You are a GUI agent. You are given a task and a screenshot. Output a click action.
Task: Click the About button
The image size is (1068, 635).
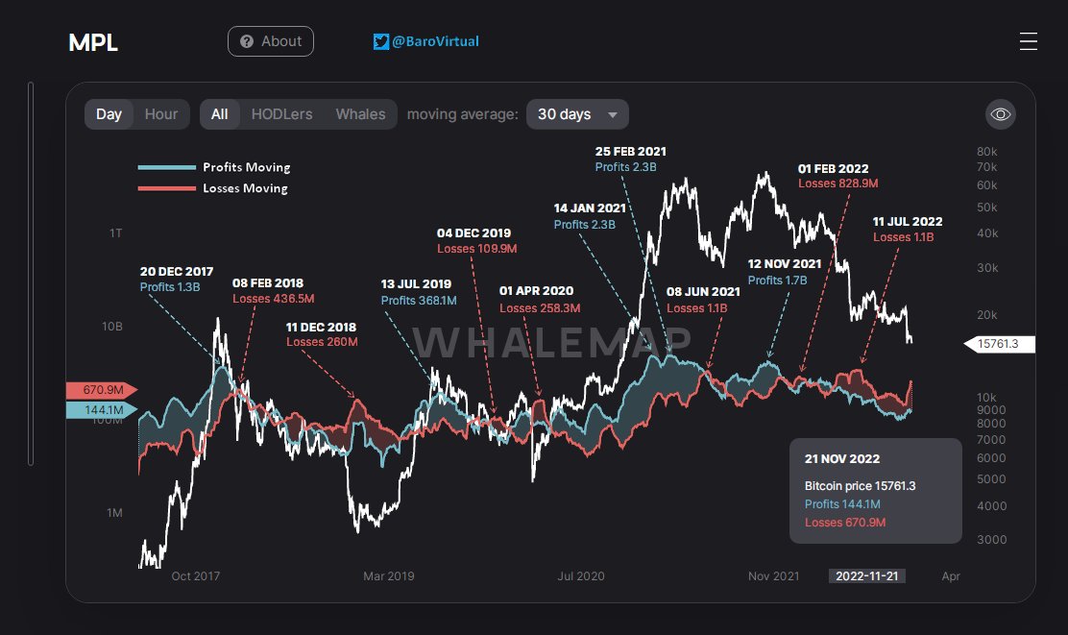pyautogui.click(x=270, y=41)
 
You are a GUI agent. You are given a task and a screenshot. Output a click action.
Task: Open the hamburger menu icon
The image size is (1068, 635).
pyautogui.click(x=1028, y=41)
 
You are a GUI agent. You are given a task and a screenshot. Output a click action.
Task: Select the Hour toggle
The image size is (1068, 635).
pyautogui.click(x=160, y=114)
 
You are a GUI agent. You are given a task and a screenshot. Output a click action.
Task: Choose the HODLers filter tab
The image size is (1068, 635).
pyautogui.click(x=281, y=114)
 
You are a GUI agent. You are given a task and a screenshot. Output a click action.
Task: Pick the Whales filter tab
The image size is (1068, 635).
pyautogui.click(x=360, y=114)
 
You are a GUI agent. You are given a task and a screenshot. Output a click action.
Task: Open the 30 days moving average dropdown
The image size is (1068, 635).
pyautogui.click(x=577, y=114)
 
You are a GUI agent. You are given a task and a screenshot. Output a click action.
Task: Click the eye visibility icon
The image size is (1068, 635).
pyautogui.click(x=1001, y=114)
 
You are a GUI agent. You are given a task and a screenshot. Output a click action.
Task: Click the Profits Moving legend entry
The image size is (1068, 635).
pyautogui.click(x=246, y=167)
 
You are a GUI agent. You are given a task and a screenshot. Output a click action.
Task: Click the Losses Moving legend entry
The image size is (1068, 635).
pyautogui.click(x=245, y=188)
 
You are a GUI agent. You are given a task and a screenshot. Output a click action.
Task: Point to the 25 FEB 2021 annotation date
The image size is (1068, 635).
pyautogui.click(x=630, y=152)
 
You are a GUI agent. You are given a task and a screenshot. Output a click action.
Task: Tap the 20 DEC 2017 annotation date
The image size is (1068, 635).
pyautogui.click(x=177, y=272)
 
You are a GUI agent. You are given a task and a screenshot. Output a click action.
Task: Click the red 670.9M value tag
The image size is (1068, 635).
pyautogui.click(x=101, y=390)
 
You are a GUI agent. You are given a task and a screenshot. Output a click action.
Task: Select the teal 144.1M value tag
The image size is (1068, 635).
pyautogui.click(x=101, y=410)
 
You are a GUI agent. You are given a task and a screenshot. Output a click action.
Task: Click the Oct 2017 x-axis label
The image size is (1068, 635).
pyautogui.click(x=195, y=576)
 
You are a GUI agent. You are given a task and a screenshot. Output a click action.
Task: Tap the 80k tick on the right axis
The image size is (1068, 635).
pyautogui.click(x=986, y=152)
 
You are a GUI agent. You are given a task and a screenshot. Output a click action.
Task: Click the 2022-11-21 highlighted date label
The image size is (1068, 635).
pyautogui.click(x=867, y=576)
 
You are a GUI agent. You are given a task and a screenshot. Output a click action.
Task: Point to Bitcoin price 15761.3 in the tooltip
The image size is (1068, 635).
pyautogui.click(x=860, y=486)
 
